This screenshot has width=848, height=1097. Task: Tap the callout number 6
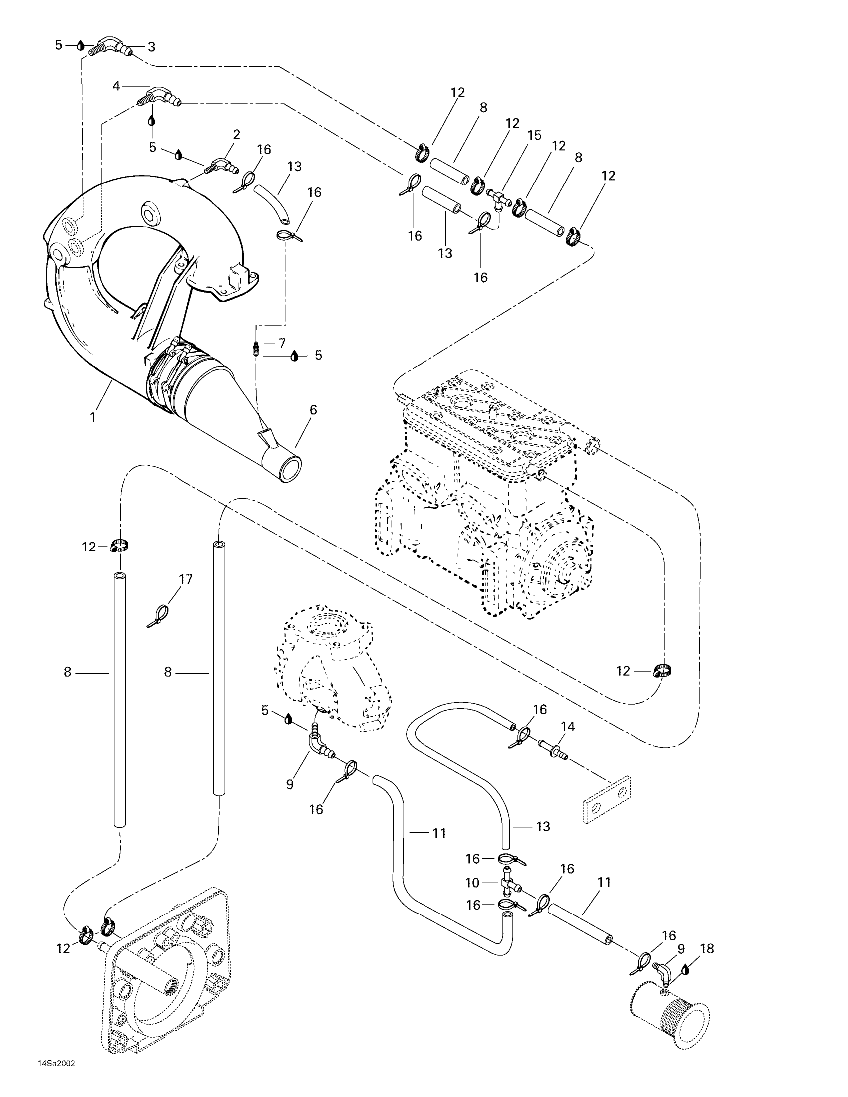click(x=313, y=410)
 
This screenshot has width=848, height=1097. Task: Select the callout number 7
click(x=282, y=343)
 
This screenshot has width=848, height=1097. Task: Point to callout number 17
click(x=186, y=579)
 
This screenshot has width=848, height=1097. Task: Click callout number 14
click(x=568, y=727)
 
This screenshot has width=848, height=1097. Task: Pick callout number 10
click(x=473, y=883)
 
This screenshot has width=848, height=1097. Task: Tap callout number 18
click(x=707, y=949)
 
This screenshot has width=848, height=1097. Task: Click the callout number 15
click(x=534, y=135)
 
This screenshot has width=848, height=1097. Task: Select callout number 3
click(x=151, y=47)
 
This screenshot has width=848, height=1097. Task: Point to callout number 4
click(x=116, y=86)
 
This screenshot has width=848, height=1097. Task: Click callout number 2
click(x=236, y=134)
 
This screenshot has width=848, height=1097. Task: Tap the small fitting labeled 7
click(x=256, y=348)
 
